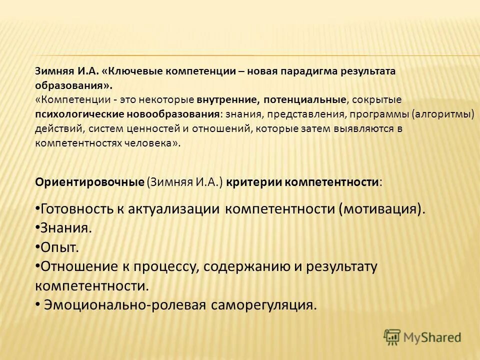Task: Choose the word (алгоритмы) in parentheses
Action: (x=442, y=114)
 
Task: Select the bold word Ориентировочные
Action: (x=89, y=181)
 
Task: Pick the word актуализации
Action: (x=173, y=209)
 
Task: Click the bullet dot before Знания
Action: (x=37, y=228)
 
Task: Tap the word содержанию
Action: (x=247, y=266)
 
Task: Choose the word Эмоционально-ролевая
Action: (x=125, y=304)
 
